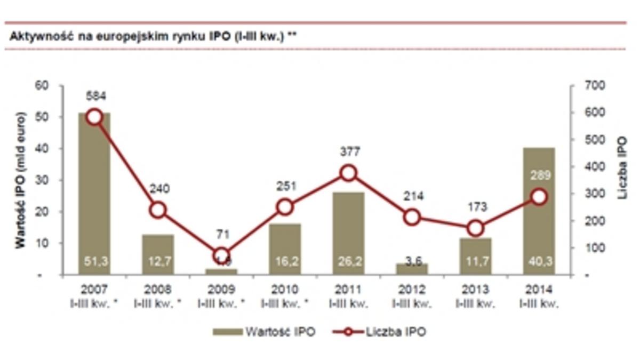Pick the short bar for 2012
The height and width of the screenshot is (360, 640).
(412, 269)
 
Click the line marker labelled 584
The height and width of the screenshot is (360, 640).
(94, 117)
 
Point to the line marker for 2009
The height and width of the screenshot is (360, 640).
(221, 255)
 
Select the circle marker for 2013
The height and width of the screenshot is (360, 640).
(476, 228)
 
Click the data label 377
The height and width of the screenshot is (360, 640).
(349, 153)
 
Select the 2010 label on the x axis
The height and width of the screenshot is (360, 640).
(285, 290)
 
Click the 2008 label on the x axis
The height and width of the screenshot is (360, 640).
(158, 290)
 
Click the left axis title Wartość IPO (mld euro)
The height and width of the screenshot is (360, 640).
(20, 180)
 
